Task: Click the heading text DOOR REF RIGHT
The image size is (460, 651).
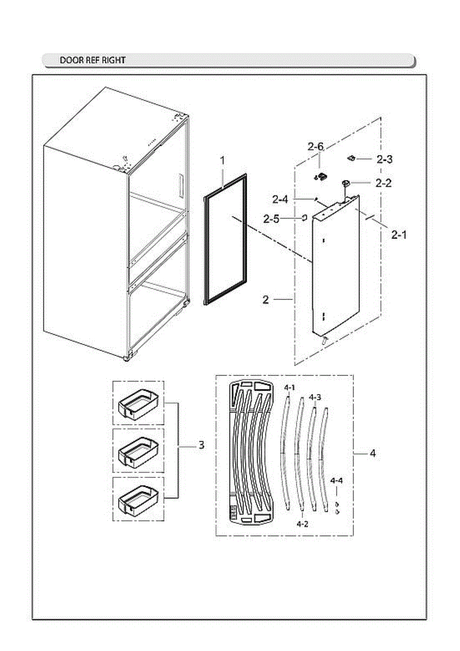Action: click(92, 60)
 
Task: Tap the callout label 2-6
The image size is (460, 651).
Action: click(315, 146)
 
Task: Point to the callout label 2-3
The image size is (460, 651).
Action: click(385, 159)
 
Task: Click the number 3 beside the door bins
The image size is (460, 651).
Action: click(201, 445)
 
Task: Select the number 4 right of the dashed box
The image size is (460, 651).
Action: click(372, 453)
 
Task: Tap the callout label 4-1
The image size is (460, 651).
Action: click(290, 387)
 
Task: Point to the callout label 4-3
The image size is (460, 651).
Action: click(315, 397)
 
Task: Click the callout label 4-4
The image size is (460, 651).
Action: click(336, 481)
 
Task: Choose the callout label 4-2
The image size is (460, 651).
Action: click(302, 524)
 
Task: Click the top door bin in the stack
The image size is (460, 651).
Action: click(138, 404)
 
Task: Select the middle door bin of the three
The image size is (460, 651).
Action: click(138, 451)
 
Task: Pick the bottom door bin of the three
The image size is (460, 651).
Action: click(138, 499)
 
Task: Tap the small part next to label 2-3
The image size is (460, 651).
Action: click(351, 158)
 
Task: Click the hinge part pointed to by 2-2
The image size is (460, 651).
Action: click(345, 184)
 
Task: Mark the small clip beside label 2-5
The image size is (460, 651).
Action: click(304, 218)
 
